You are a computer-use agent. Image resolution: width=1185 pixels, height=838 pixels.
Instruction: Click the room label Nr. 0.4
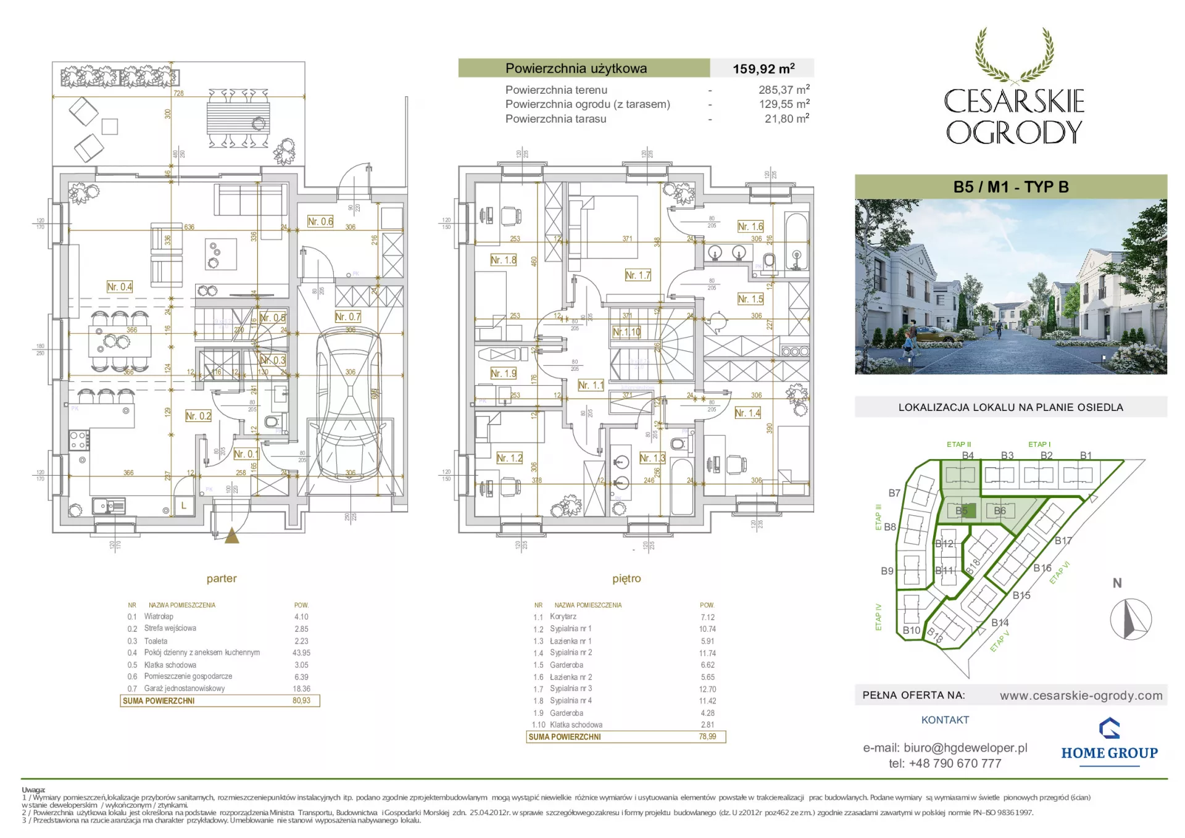tap(120, 287)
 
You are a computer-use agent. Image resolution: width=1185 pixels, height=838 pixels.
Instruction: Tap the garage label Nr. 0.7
tap(347, 317)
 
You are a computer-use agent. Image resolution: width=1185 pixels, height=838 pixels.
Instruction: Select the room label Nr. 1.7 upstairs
tap(638, 275)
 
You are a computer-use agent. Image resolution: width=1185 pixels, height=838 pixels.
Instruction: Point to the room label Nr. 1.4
tap(747, 413)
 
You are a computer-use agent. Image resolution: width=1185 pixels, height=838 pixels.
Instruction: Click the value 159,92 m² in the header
tap(763, 68)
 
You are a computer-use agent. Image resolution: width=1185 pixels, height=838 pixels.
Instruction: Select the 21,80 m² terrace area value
tap(787, 118)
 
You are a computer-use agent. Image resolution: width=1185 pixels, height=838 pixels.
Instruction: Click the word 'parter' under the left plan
tap(222, 578)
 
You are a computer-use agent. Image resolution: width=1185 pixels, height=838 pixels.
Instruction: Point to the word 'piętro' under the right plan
tap(626, 578)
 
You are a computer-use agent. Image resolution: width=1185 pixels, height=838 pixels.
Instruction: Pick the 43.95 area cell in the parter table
tap(301, 652)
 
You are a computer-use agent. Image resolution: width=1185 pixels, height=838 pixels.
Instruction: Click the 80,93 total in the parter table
tap(301, 700)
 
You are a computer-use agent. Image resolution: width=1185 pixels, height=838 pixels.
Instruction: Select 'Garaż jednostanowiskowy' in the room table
tap(185, 688)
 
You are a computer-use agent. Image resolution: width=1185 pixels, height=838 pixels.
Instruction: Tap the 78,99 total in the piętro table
tap(707, 736)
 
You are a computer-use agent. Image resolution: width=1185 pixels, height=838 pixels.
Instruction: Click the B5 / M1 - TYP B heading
tap(1010, 187)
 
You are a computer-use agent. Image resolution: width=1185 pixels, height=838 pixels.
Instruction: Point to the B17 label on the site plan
tap(1063, 541)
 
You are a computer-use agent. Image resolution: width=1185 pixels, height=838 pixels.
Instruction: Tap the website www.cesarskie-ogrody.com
tap(1081, 695)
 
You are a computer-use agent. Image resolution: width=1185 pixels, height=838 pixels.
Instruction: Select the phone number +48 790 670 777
tap(955, 763)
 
